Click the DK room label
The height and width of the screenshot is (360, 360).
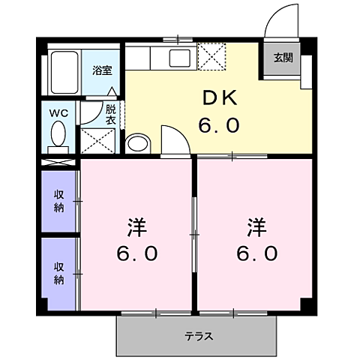pos(219,98)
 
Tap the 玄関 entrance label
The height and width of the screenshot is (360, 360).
pos(281,58)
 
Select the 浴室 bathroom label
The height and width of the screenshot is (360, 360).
pos(103,70)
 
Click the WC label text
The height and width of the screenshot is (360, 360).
pos(58,113)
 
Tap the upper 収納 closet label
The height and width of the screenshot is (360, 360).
pos(58,201)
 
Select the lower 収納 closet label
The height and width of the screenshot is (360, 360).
pos(58,273)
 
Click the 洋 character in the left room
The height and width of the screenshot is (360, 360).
pos(136,226)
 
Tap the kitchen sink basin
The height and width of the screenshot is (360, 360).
pos(181,58)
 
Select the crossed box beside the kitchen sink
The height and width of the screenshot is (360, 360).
pos(210,56)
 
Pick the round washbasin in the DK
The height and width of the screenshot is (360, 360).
pos(137,142)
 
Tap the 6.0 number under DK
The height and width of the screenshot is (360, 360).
pos(219,124)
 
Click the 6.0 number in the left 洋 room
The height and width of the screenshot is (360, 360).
pos(136,253)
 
